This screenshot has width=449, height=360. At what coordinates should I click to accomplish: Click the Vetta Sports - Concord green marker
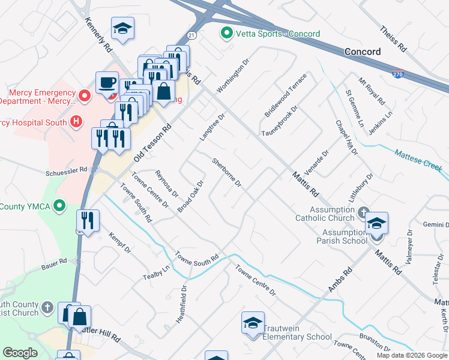pyautogui.click(x=227, y=34)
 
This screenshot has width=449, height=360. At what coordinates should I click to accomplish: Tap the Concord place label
pyautogui.click(x=362, y=52)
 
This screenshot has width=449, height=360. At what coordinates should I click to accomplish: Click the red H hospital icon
pyautogui.click(x=76, y=122)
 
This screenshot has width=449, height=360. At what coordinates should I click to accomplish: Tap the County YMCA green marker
pyautogui.click(x=59, y=206)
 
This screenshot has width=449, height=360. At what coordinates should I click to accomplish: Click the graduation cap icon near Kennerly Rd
pyautogui.click(x=122, y=28)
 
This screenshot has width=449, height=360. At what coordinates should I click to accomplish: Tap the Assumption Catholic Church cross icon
pyautogui.click(x=363, y=212)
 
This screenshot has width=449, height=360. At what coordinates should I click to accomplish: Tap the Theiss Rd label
pyautogui.click(x=394, y=38)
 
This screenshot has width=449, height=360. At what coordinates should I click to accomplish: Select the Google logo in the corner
pyautogui.click(x=20, y=353)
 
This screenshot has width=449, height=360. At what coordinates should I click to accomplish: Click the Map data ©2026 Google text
pyautogui.click(x=411, y=355)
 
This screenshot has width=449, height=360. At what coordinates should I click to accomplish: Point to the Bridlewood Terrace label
pyautogui.click(x=286, y=95)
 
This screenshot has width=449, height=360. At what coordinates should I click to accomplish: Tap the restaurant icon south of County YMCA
pyautogui.click(x=88, y=220)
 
